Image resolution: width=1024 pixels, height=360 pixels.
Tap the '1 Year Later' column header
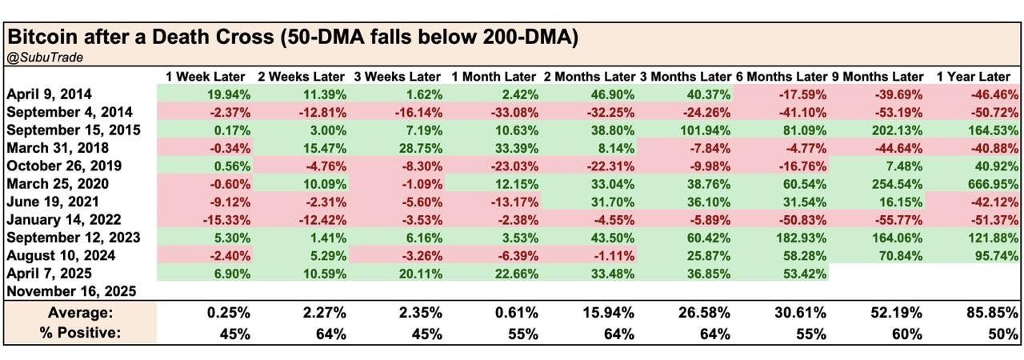click(973, 77)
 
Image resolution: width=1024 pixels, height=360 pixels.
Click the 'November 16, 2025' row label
click(71, 292)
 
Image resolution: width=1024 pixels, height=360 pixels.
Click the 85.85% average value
click(992, 312)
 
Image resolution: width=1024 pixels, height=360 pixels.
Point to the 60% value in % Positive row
click(908, 333)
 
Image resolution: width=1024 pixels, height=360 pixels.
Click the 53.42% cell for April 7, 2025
click(800, 274)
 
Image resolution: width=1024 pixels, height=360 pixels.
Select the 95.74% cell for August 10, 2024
click(992, 256)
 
